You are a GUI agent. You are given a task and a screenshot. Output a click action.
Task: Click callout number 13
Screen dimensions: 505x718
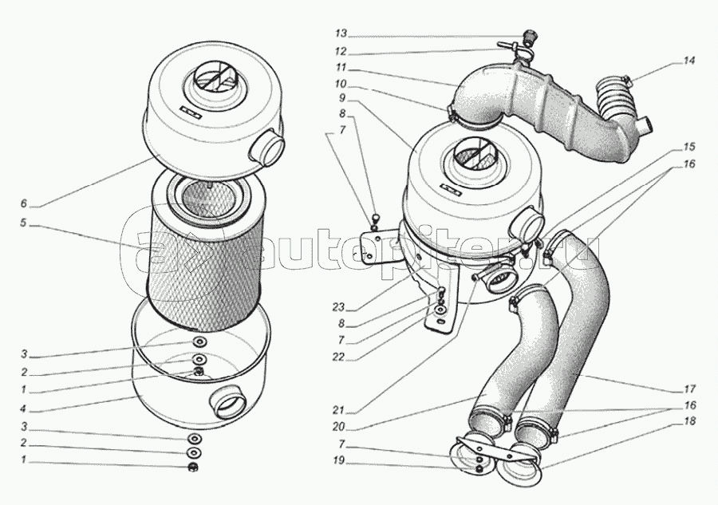pos(341,34)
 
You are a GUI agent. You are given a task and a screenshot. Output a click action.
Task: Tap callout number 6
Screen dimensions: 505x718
pos(24,203)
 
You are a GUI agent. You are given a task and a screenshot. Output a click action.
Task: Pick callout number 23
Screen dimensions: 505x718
pos(339,306)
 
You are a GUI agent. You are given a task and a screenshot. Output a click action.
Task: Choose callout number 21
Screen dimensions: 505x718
pos(339,409)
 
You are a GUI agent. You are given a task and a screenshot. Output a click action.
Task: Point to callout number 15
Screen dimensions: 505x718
pos(688,148)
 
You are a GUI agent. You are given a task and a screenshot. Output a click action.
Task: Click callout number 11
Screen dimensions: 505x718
pos(341,68)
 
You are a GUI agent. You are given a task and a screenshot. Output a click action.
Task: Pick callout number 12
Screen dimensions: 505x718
pos(341,51)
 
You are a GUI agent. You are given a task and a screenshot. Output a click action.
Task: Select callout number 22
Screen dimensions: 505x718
pos(339,357)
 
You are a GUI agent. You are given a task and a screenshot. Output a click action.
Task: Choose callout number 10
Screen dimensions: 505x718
pos(341,85)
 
